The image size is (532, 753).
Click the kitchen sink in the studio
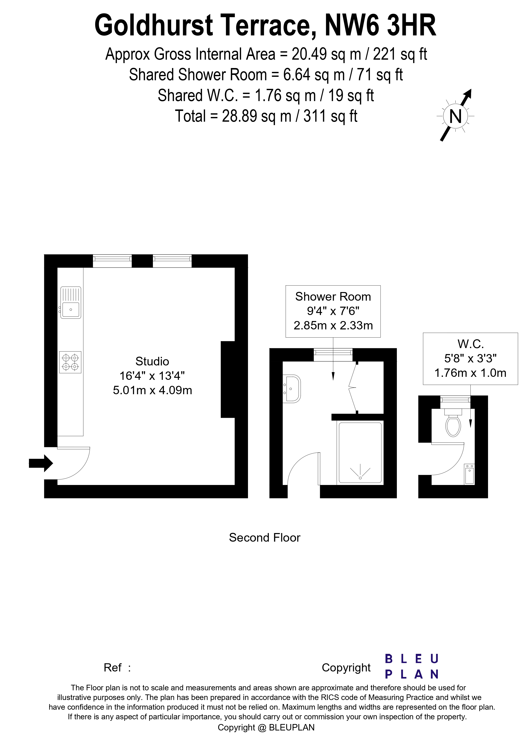point(71,302)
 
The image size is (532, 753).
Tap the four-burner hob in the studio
point(70,362)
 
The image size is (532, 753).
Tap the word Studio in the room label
point(152,361)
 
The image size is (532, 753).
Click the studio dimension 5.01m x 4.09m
point(153,390)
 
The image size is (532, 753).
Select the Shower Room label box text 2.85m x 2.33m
point(333,325)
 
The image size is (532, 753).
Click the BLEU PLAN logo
point(411,667)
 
